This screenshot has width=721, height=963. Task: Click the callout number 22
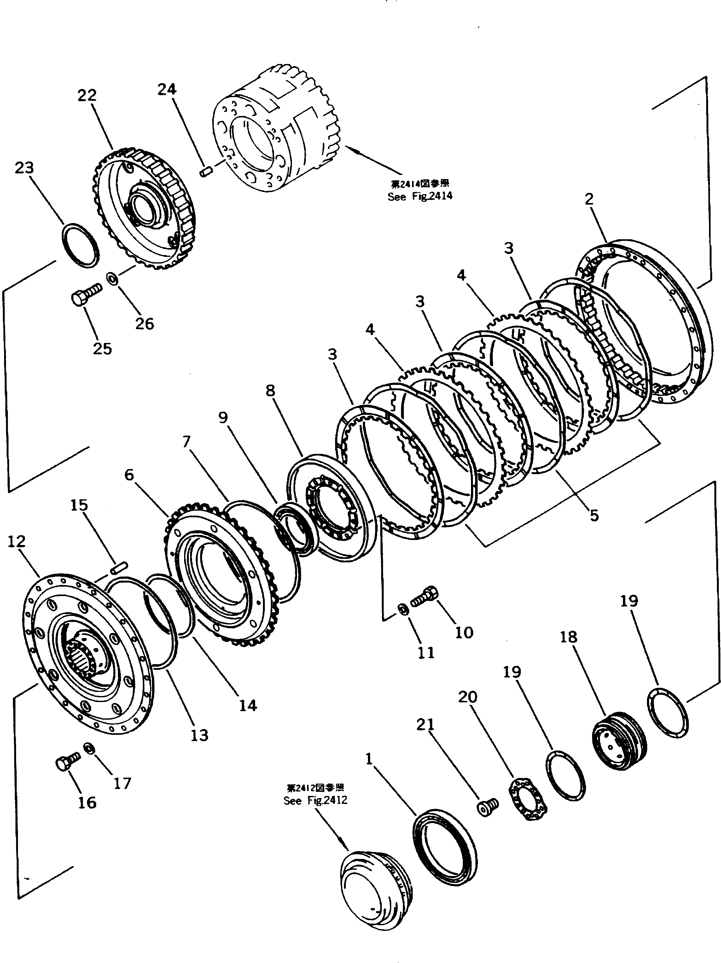87,95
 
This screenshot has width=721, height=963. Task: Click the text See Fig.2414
420,196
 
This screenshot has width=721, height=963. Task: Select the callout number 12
16,541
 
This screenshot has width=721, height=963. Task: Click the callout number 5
594,515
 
